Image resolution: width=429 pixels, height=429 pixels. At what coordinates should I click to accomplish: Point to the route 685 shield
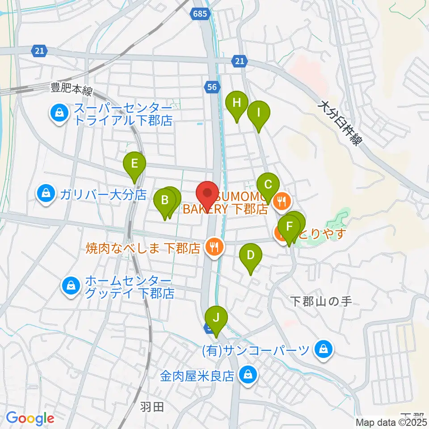pyautogui.click(x=201, y=14)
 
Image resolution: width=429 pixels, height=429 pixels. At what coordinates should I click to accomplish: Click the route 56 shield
pyautogui.click(x=212, y=88)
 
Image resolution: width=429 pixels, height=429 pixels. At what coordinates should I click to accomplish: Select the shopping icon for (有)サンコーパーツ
pyautogui.click(x=323, y=349)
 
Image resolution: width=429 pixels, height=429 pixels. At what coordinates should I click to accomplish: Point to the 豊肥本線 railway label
pyautogui.click(x=71, y=89)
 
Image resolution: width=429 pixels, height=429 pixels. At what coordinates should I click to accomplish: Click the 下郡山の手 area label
pyautogui.click(x=321, y=301)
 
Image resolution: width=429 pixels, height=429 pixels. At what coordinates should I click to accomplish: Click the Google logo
pyautogui.click(x=30, y=418)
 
